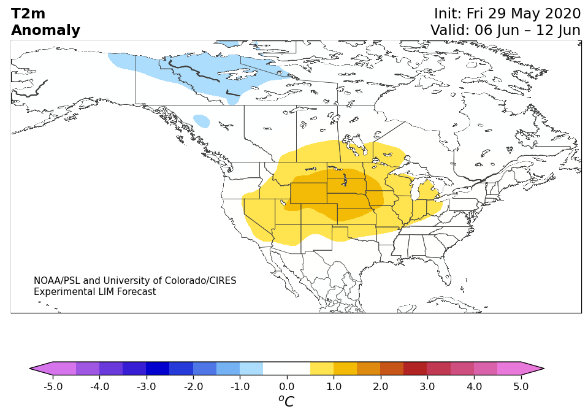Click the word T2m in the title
[28, 14]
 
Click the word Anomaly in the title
[45, 31]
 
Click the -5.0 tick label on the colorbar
[53, 386]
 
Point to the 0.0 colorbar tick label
[287, 386]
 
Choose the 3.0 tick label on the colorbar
[427, 386]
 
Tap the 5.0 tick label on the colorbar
[521, 386]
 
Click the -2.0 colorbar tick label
[193, 386]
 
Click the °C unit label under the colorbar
[286, 401]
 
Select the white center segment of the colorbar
[287, 369]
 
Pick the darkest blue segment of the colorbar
[158, 369]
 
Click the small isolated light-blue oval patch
[201, 121]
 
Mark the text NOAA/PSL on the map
[57, 280]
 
